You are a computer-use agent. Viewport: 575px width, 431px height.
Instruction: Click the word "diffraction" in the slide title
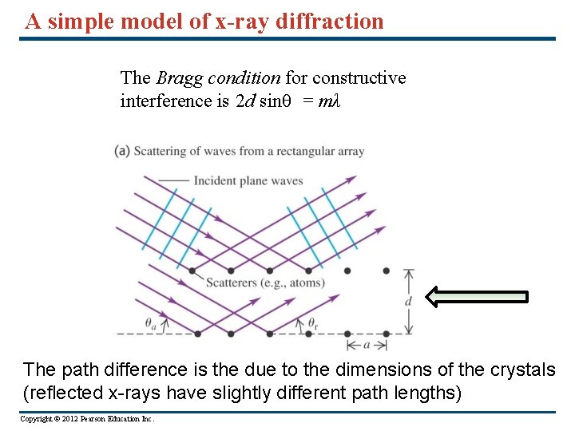[330, 21]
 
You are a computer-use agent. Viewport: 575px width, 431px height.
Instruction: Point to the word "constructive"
[359, 77]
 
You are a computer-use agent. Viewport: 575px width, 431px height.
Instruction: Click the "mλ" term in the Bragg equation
[330, 101]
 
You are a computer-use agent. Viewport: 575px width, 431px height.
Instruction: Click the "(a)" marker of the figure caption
[122, 151]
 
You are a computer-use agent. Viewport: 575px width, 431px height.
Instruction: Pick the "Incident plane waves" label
[248, 181]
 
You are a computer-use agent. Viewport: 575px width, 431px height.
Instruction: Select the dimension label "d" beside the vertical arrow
[408, 302]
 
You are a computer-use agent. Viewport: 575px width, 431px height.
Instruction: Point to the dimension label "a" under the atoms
[367, 345]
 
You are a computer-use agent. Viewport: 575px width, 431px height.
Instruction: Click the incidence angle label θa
[151, 323]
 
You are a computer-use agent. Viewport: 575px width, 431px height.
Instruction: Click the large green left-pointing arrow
[477, 297]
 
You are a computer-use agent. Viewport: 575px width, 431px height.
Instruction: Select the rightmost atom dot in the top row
[386, 271]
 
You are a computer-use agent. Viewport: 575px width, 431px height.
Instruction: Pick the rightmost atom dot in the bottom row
[386, 333]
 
